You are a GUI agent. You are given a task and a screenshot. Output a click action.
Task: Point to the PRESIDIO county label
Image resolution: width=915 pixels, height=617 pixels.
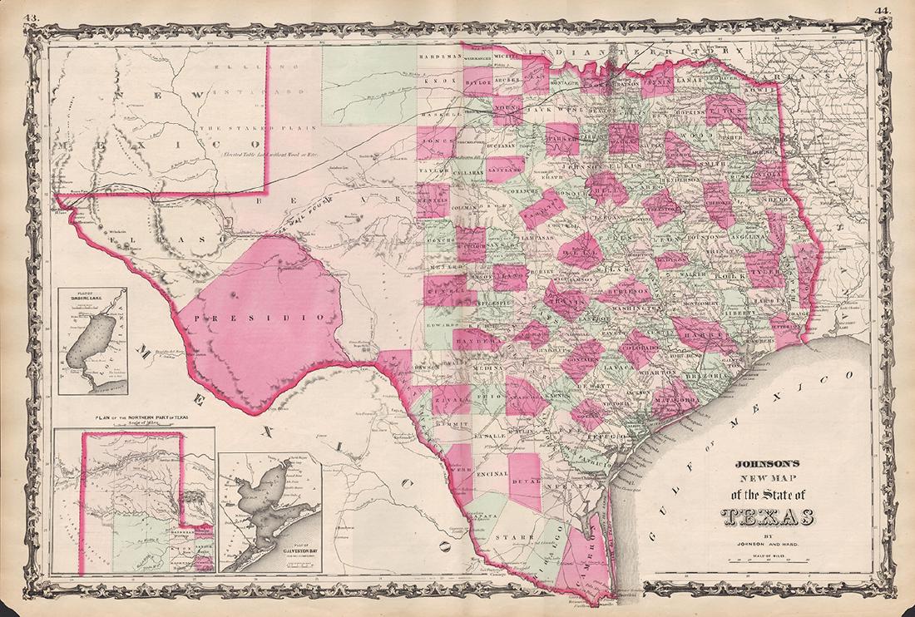[x=260, y=318]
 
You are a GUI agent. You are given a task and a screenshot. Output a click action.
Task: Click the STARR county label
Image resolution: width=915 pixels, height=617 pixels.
[x=507, y=538]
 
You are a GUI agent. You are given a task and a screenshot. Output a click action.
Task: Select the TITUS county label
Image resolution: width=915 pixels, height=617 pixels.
[x=726, y=106]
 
